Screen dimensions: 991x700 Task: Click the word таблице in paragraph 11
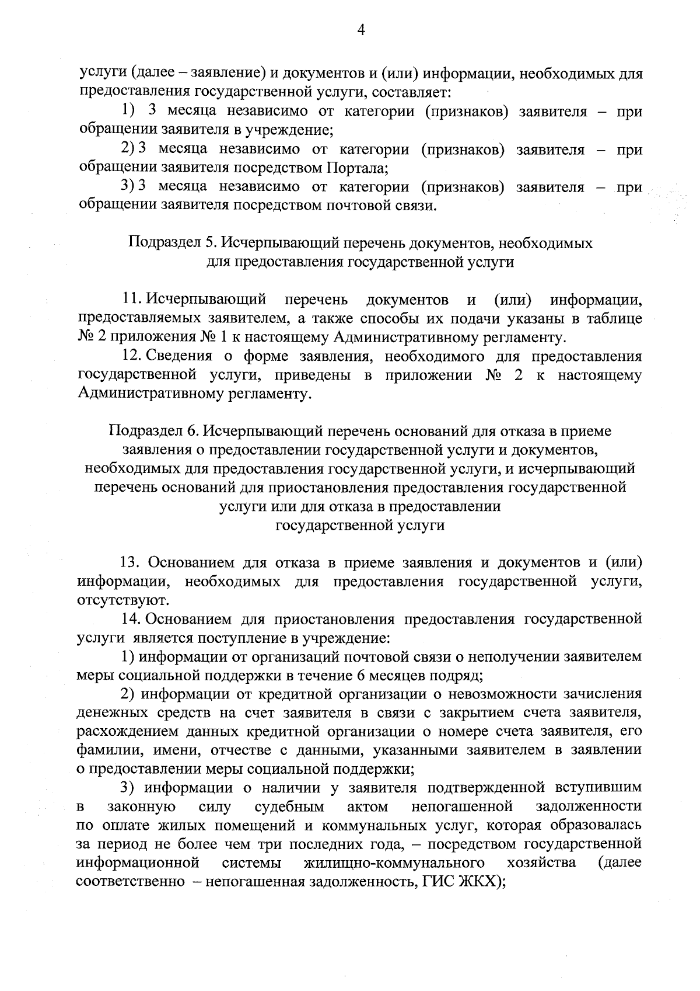(613, 319)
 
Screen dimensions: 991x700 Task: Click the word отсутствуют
(123, 600)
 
